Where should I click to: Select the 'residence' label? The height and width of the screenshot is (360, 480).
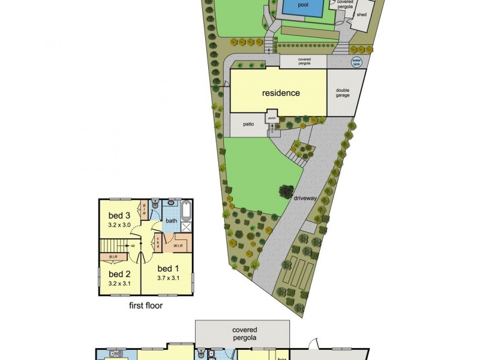tap(280, 93)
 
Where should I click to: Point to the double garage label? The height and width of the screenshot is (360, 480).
tap(343, 92)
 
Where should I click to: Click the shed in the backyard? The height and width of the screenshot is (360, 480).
tap(362, 14)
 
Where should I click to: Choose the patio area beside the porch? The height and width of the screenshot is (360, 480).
tap(248, 124)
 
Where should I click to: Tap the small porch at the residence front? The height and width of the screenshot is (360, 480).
tap(272, 118)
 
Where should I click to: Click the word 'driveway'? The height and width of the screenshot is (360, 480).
tap(306, 197)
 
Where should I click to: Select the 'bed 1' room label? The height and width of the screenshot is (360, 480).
tap(169, 268)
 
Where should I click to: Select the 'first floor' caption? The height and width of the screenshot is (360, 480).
tap(146, 305)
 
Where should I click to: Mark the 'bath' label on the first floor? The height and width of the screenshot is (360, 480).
tap(172, 221)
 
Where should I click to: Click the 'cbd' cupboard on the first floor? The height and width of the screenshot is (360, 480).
tap(157, 243)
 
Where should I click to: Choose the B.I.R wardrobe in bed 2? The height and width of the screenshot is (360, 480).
tap(118, 257)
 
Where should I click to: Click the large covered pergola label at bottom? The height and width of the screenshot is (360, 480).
tap(245, 334)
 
